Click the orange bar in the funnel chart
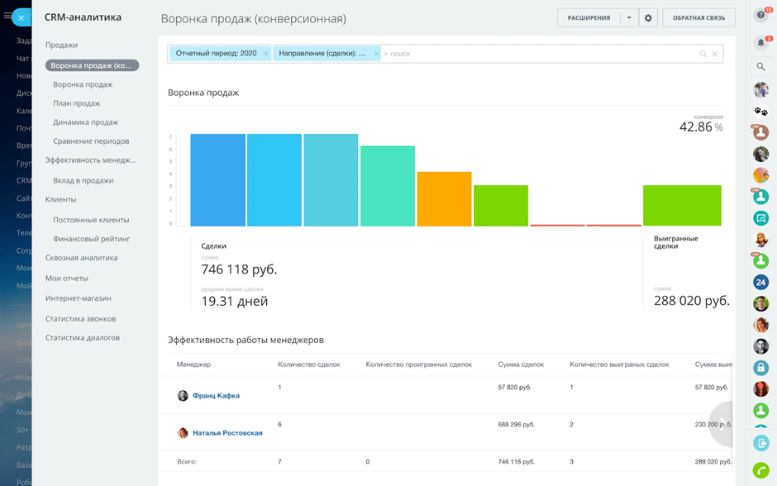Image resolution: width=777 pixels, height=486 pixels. (x=444, y=198)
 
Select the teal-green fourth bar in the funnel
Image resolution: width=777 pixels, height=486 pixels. (x=388, y=186)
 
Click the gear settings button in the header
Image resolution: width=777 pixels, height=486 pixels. (x=648, y=18)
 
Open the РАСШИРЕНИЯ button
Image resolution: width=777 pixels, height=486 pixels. (x=589, y=18)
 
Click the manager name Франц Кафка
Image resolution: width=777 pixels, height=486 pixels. (x=216, y=396)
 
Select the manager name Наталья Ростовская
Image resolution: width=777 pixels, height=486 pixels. (x=227, y=433)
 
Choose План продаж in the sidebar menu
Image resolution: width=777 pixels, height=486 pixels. (x=77, y=103)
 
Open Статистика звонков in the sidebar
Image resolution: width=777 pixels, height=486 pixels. (x=80, y=318)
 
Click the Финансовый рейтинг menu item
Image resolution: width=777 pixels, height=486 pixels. (x=92, y=239)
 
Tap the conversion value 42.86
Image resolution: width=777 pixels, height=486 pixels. (x=696, y=127)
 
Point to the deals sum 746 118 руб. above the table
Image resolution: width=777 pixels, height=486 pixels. (x=239, y=269)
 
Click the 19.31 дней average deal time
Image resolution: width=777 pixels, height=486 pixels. (x=235, y=302)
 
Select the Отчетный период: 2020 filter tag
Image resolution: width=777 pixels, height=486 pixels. (x=216, y=54)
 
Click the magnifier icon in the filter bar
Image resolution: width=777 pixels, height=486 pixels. (x=703, y=54)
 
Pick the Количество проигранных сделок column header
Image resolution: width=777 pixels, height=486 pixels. (x=418, y=364)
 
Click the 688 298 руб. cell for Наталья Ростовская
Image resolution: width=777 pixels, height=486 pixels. (x=516, y=424)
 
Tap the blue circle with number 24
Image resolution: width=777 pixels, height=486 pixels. (x=761, y=283)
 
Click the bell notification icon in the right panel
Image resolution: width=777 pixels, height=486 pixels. (x=761, y=42)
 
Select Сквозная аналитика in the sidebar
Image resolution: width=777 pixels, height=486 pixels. (x=81, y=258)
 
